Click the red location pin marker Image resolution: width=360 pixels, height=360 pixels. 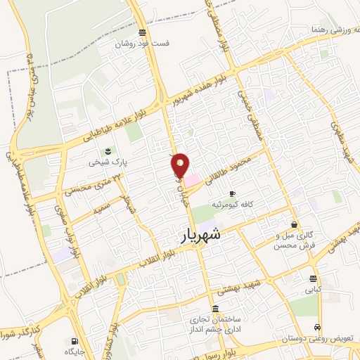coord(181,165)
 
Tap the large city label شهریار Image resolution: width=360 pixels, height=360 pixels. coord(193,237)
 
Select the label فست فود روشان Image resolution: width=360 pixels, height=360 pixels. coord(143,43)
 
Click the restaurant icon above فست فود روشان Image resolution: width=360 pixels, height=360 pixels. coord(143,32)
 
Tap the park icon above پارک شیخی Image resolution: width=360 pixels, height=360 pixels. coord(108,150)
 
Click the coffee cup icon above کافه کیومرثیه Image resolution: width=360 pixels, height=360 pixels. coord(232,193)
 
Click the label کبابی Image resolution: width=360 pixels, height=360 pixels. coord(312,289)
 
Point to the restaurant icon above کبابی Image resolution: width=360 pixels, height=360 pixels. coord(311,278)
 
